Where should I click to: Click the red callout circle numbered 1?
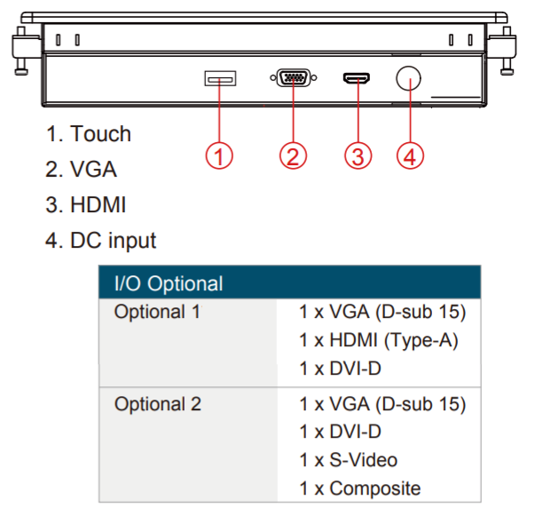click(x=219, y=155)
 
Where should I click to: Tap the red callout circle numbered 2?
click(x=292, y=155)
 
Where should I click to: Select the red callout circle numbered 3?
click(x=356, y=155)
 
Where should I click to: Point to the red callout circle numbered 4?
click(x=409, y=155)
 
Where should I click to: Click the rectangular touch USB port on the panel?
click(x=219, y=80)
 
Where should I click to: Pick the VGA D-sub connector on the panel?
click(x=292, y=79)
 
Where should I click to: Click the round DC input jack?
click(x=408, y=78)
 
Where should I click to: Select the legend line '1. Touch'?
click(x=89, y=134)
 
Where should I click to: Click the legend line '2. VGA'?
click(x=82, y=170)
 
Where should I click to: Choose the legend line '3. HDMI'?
click(x=86, y=205)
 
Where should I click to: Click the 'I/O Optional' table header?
click(x=169, y=284)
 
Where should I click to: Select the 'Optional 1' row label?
click(x=157, y=313)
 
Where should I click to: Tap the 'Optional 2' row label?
click(x=157, y=404)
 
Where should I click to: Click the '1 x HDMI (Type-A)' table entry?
click(x=380, y=339)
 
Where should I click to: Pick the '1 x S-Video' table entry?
click(x=349, y=460)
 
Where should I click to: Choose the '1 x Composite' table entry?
click(x=359, y=488)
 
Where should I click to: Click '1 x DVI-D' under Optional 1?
click(x=340, y=367)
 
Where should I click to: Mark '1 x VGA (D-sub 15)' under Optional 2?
click(x=382, y=404)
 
